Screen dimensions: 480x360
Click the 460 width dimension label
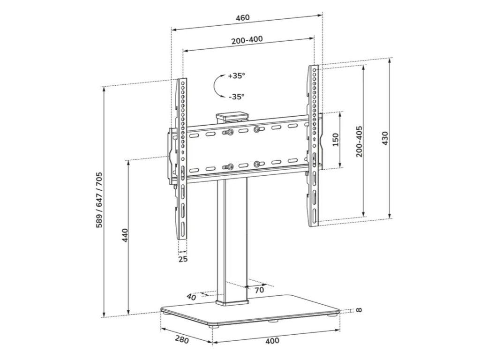point(242,17)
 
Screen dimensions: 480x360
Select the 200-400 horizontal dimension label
point(247,40)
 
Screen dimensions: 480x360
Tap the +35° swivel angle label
point(236,75)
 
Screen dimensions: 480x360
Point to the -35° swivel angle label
point(236,97)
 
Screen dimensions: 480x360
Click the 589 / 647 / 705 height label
point(99,200)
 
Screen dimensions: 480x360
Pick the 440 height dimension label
point(125,235)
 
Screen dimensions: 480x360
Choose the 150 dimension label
point(336,140)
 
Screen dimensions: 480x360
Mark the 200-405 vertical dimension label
point(359,142)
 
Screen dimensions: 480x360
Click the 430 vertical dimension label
point(384,138)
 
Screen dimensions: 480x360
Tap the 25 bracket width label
point(183,259)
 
